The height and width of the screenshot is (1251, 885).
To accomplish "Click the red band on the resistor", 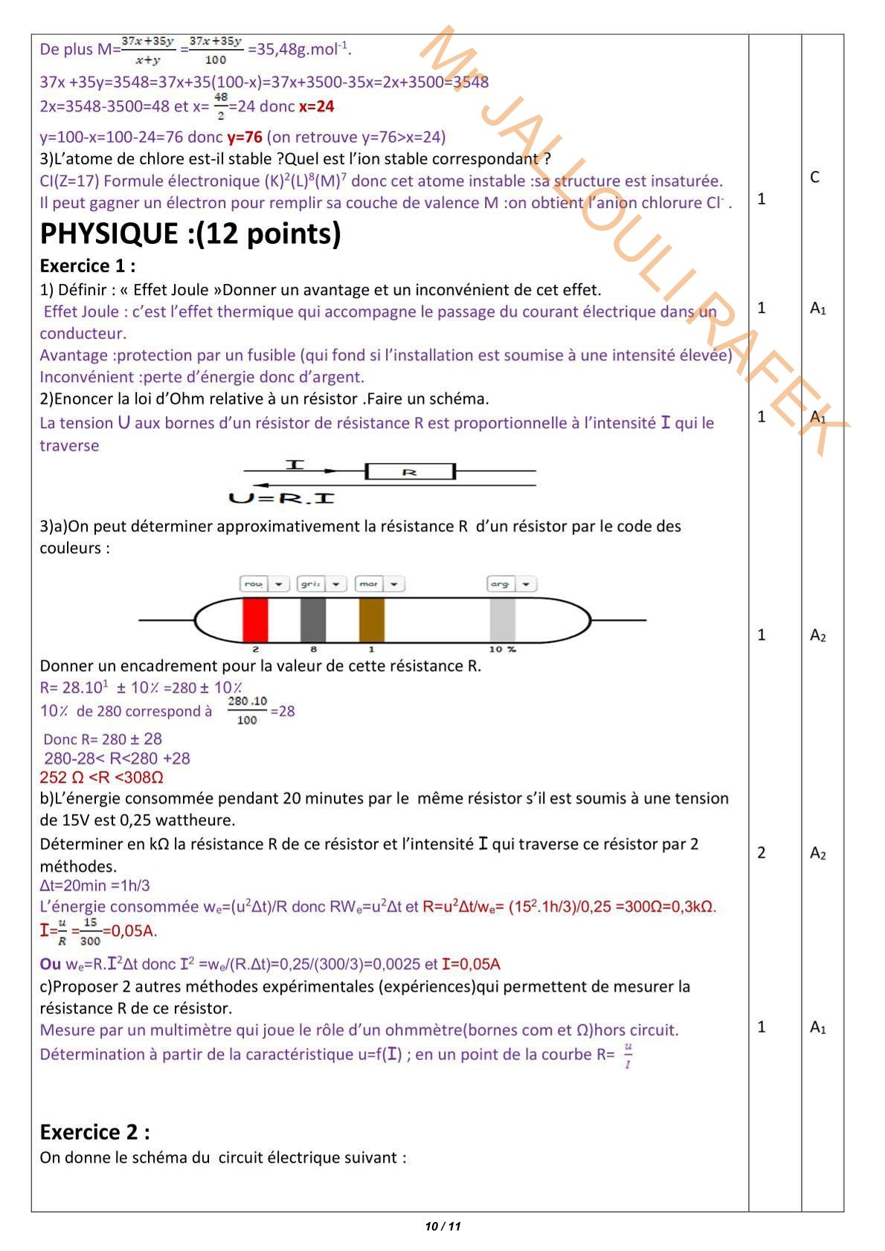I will [x=255, y=619].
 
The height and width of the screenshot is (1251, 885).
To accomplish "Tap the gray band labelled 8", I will [x=313, y=619].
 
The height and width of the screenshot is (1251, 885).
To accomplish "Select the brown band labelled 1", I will [x=372, y=619].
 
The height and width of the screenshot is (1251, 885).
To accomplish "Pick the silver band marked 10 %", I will [x=503, y=619].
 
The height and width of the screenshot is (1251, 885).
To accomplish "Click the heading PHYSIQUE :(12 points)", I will [x=190, y=234].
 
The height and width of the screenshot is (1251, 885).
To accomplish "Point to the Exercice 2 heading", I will [x=94, y=1132].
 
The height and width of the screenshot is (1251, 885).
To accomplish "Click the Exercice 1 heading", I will [x=88, y=266].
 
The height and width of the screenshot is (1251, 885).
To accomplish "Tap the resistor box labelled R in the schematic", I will [x=410, y=471].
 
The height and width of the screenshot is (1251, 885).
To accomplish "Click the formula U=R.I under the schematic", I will [x=281, y=498].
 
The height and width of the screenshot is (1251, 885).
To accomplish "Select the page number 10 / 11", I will [x=442, y=1226].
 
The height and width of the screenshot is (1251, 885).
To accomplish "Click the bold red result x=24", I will [x=317, y=107].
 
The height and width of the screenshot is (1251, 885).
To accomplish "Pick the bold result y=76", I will [x=245, y=138].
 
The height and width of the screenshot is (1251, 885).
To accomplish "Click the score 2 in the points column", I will [x=761, y=853].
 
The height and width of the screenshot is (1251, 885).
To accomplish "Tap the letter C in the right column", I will [x=814, y=177].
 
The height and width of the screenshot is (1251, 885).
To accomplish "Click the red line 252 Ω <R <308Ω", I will [x=101, y=778].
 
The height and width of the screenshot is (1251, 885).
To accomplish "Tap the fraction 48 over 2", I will [x=221, y=106].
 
